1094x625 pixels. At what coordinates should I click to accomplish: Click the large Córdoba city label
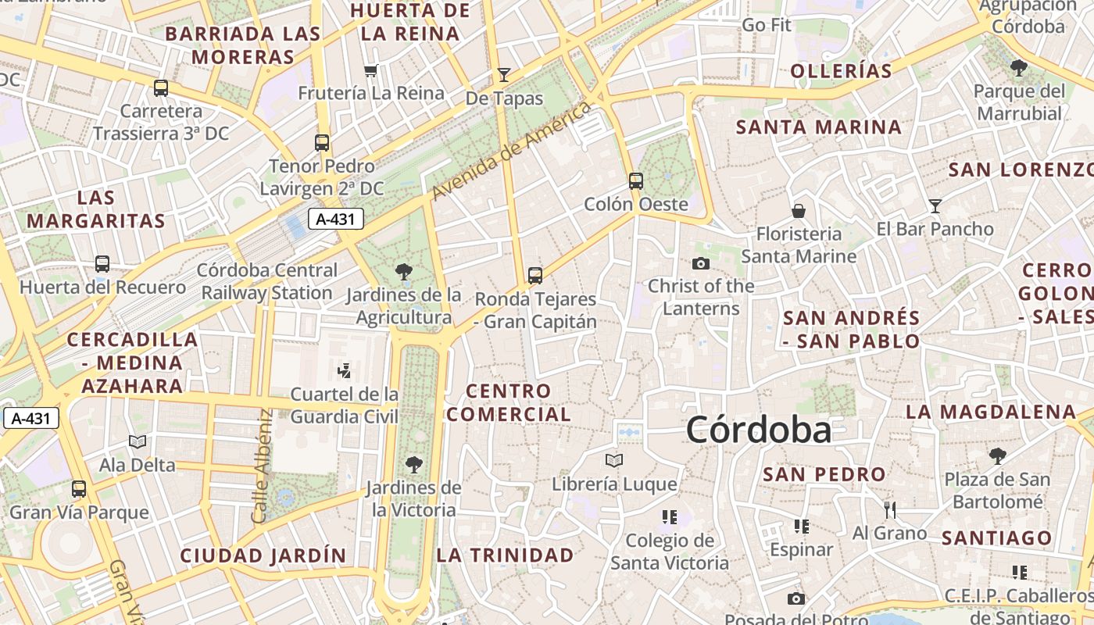(x=758, y=430)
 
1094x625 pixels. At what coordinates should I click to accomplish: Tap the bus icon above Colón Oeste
(x=636, y=181)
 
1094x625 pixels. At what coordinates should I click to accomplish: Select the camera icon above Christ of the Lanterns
(x=701, y=263)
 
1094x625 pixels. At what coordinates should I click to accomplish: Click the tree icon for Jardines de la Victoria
(x=414, y=465)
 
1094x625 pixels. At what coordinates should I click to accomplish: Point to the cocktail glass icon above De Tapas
(x=504, y=75)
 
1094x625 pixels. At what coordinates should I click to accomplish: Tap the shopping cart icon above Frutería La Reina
(x=371, y=71)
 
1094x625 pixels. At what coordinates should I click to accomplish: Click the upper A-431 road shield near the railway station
(x=336, y=220)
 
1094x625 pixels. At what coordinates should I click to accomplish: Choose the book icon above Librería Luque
(x=614, y=461)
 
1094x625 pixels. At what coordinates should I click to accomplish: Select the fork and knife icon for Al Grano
(x=889, y=510)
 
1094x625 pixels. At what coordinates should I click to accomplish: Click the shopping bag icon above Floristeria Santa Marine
(x=799, y=211)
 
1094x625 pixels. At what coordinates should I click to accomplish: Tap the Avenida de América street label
(x=512, y=150)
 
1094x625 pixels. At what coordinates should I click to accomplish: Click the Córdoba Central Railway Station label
(x=267, y=281)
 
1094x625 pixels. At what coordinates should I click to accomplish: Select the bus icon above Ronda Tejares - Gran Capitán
(x=535, y=276)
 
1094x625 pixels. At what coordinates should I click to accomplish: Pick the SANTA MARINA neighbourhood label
(x=819, y=127)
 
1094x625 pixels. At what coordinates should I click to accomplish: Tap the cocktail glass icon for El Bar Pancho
(x=935, y=206)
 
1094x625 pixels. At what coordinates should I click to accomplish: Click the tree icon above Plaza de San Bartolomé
(x=997, y=456)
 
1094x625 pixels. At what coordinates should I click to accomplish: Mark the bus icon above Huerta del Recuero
(x=102, y=264)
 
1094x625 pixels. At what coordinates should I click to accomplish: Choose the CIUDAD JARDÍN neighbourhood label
(x=263, y=555)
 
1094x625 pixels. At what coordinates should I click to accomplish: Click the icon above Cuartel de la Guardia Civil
(x=344, y=370)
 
